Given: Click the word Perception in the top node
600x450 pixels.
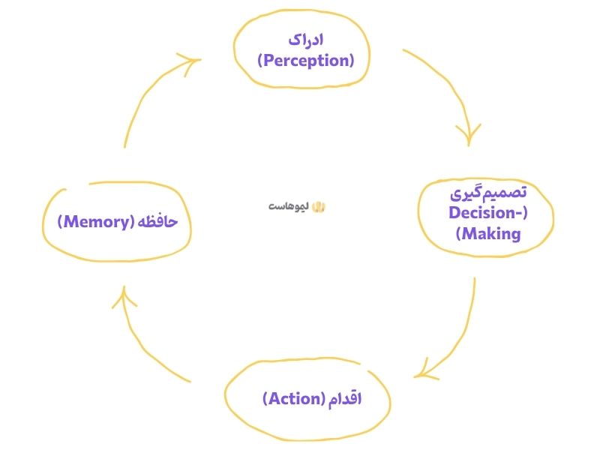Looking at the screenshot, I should (305, 61).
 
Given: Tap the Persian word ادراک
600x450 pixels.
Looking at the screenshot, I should (306, 40).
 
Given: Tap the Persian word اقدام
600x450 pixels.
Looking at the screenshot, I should (344, 398).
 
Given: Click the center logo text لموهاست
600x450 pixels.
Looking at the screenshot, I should (287, 206).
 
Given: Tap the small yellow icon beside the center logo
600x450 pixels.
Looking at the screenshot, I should (317, 206).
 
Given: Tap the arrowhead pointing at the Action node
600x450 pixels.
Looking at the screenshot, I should (424, 371).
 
